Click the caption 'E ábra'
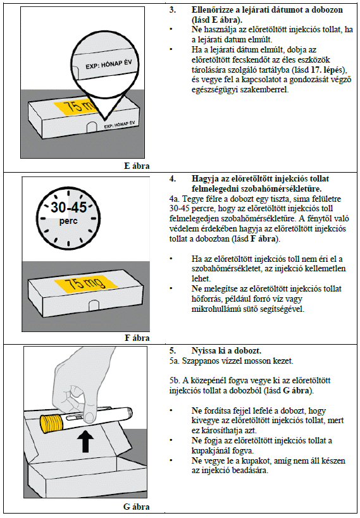(137, 166)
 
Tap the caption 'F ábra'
(137, 338)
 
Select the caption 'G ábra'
(137, 507)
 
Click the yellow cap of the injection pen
(51, 424)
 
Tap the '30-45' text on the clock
(69, 207)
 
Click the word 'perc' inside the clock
(68, 221)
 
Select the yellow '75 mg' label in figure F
(85, 284)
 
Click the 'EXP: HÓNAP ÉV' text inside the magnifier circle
(109, 64)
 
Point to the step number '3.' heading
(173, 10)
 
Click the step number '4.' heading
(173, 179)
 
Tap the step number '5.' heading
(173, 351)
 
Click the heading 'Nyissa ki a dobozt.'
(226, 351)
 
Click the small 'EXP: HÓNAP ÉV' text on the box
(120, 125)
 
